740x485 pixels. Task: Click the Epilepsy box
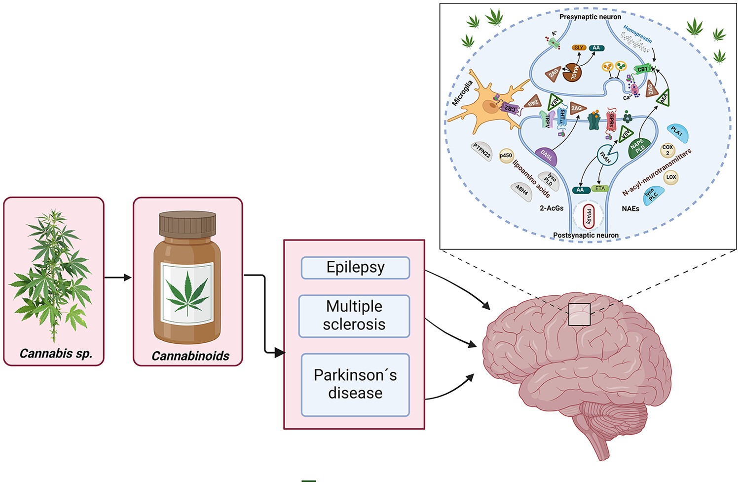(355, 268)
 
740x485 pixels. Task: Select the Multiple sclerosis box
(354, 316)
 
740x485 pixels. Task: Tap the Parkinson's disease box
(355, 384)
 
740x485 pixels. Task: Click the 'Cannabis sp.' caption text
(56, 354)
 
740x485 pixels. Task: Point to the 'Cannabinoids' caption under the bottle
(190, 356)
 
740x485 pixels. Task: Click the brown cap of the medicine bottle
(187, 224)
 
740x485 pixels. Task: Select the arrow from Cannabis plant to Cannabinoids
(118, 278)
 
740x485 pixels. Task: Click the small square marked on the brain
(579, 314)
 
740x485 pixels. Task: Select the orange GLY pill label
(579, 48)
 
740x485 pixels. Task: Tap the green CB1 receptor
(642, 69)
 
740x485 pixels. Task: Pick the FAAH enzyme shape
(605, 155)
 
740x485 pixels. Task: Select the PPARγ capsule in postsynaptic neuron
(588, 216)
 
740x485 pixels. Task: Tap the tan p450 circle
(506, 155)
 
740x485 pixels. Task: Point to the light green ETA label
(600, 189)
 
